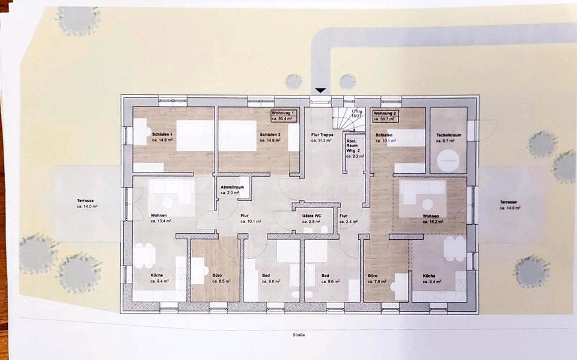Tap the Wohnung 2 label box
click(386, 116)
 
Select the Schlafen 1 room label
click(162, 137)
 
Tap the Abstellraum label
click(231, 189)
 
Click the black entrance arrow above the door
click(321, 91)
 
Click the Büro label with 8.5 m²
click(218, 278)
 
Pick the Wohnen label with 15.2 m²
click(431, 218)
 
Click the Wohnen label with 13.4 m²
click(159, 218)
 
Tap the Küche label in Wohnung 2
click(429, 278)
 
